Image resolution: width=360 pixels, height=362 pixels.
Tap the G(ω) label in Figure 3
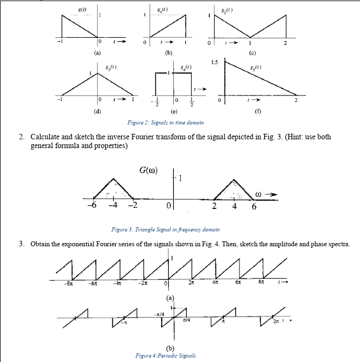click(x=148, y=169)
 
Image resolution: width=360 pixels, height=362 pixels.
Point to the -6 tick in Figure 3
click(x=94, y=206)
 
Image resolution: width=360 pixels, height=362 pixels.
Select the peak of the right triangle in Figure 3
click(x=235, y=179)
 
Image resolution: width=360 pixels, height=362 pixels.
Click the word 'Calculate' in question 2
click(x=47, y=136)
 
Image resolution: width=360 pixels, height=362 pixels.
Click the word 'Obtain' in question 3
click(x=43, y=243)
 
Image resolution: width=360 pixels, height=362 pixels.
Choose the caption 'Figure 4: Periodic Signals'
click(x=165, y=355)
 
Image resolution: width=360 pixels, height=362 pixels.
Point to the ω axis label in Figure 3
click(x=259, y=193)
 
